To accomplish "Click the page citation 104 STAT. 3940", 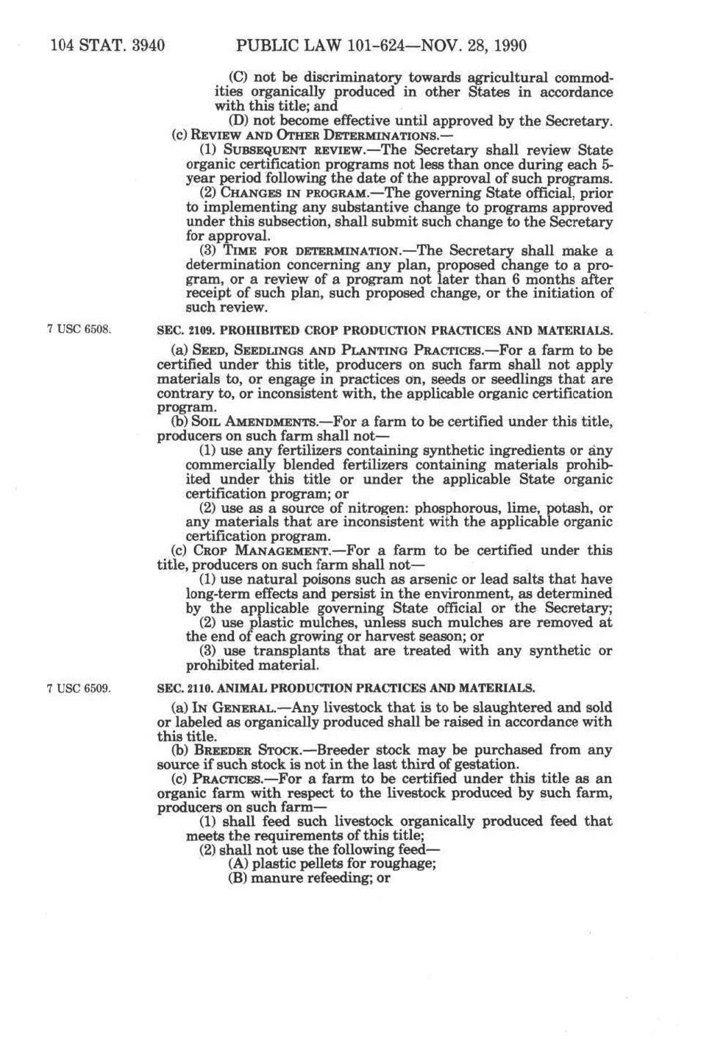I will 107,46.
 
